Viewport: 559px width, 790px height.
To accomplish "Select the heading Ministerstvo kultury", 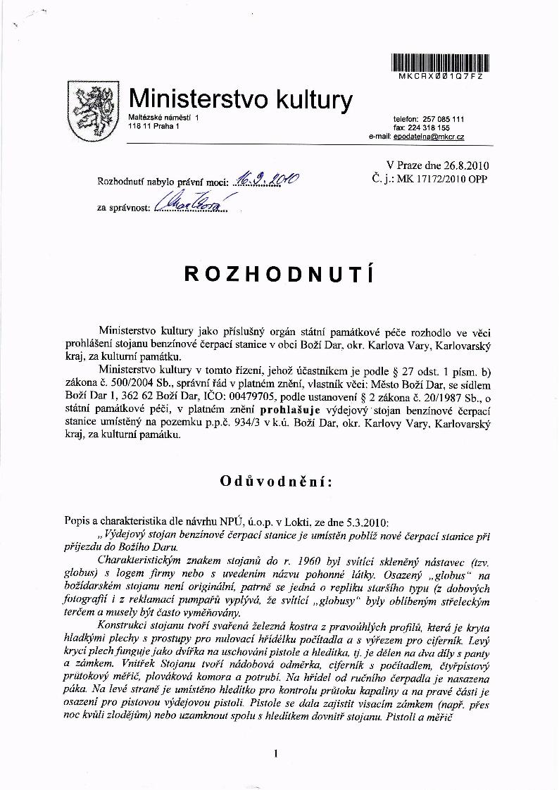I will (240, 99).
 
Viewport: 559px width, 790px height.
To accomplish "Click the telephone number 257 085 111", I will (443, 120).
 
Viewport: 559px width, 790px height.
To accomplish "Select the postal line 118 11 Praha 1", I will (154, 126).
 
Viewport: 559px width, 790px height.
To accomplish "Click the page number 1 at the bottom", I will (277, 754).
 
